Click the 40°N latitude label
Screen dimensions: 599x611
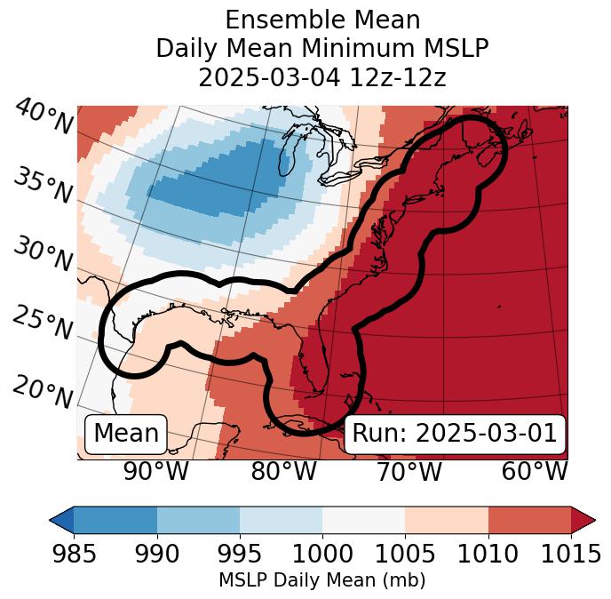click(44, 117)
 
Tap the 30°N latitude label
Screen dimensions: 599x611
click(44, 255)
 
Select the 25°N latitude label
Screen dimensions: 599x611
click(44, 323)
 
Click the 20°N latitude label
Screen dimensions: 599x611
click(44, 391)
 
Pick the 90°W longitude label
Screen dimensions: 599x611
click(155, 471)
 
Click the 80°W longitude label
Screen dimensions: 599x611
click(283, 471)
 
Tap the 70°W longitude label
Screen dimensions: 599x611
click(409, 471)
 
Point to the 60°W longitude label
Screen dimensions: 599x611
click(535, 471)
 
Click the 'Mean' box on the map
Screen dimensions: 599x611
click(126, 434)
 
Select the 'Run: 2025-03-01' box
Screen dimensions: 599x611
click(454, 434)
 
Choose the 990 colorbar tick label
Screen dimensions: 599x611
click(156, 555)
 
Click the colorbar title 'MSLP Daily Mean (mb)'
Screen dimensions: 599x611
click(321, 580)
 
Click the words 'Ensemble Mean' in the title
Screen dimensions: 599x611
click(322, 20)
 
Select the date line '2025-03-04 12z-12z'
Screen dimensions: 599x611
click(322, 76)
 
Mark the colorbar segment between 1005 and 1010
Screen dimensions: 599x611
click(447, 519)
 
